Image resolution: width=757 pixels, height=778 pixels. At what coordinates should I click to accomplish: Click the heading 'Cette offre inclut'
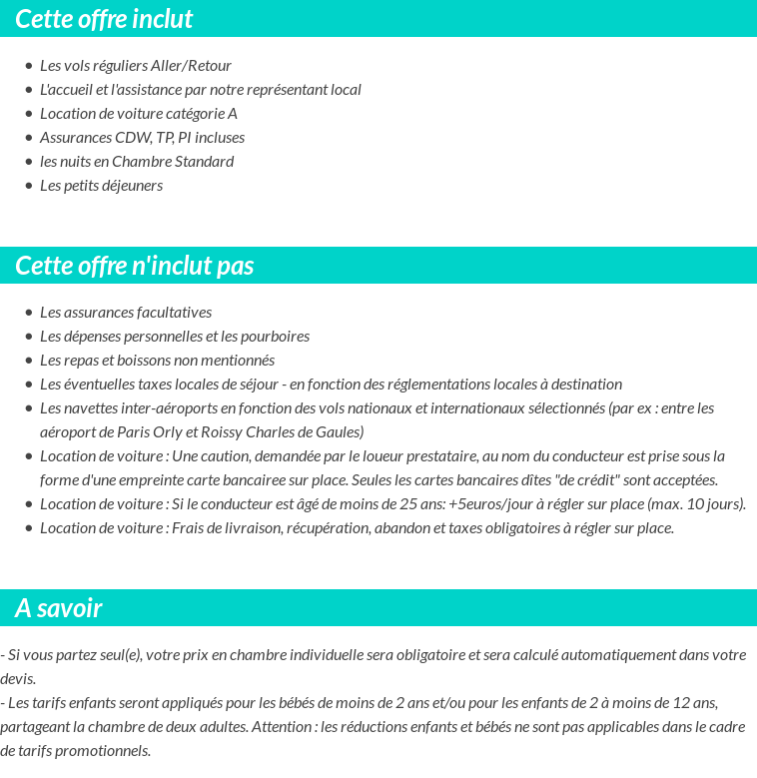104,19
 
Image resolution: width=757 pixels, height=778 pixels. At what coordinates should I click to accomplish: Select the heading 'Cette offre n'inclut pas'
135,266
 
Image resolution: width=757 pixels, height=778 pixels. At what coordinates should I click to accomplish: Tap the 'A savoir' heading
59,608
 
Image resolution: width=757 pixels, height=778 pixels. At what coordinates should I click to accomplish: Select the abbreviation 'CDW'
133,138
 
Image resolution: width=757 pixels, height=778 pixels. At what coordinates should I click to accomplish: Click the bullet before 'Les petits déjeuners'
28,186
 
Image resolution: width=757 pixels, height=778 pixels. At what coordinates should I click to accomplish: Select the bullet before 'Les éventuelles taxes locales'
28,385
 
